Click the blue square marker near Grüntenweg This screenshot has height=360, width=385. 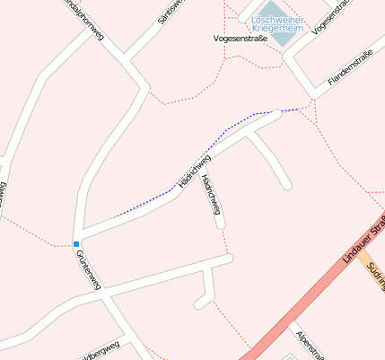76,244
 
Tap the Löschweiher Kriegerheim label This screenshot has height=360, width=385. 277,24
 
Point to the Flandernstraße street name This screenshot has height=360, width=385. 350,69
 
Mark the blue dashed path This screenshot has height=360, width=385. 215,139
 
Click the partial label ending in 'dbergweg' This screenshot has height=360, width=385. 99,351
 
